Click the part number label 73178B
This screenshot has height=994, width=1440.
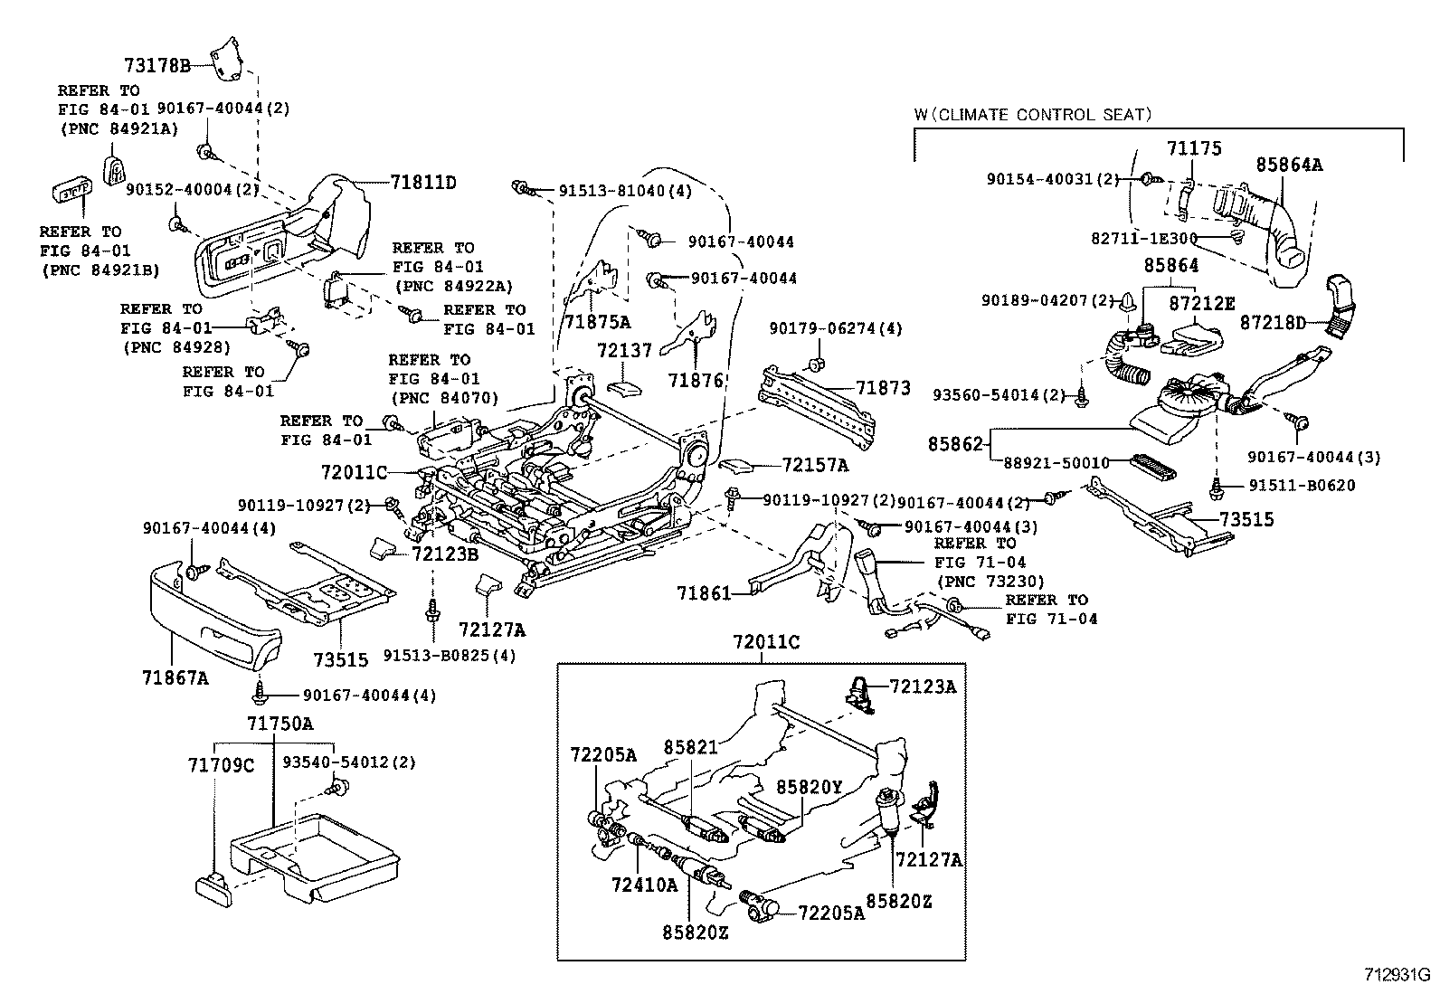[x=156, y=65]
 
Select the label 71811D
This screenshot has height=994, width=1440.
[x=422, y=183]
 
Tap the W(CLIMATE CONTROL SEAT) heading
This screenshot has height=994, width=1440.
[x=1032, y=115]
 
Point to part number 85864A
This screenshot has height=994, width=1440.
[x=1289, y=166]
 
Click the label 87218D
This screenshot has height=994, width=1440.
[x=1273, y=323]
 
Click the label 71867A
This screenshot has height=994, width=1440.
[x=175, y=676]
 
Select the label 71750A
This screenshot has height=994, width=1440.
[x=280, y=724]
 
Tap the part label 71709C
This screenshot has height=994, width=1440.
[x=222, y=765]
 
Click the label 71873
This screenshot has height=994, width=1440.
[x=883, y=388]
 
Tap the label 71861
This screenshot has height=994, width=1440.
[x=704, y=593]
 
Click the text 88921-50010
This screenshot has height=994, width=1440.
[x=1056, y=462]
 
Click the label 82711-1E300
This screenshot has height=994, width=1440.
[x=1143, y=238]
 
